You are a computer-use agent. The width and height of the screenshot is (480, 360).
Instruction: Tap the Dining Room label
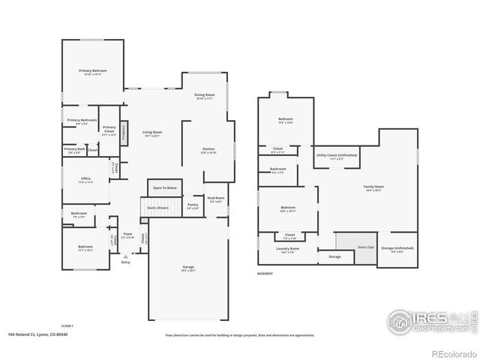point(205,95)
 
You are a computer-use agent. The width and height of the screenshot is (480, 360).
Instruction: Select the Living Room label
point(153,133)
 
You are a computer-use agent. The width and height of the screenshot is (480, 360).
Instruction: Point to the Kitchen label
point(208,150)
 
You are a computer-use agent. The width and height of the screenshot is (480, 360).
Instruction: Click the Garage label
point(188,268)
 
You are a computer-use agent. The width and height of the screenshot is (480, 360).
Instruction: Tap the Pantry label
point(193,205)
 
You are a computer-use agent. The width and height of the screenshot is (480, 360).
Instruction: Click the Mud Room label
point(217,199)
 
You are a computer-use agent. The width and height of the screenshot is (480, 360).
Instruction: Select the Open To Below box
point(165,187)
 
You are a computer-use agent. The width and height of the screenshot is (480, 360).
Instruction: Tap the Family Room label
point(373,187)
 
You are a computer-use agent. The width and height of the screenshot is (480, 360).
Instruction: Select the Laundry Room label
point(288,249)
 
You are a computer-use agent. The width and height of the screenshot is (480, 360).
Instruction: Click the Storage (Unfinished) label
point(397,247)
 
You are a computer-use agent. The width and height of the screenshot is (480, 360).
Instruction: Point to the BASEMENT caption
point(265,274)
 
